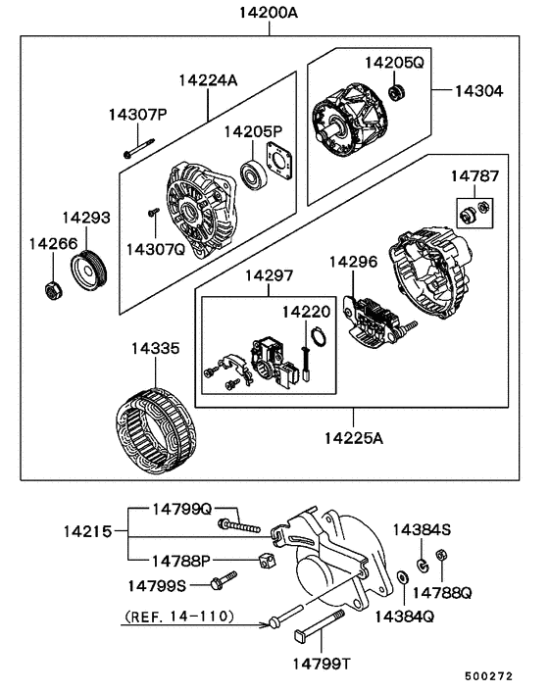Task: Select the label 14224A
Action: point(208,80)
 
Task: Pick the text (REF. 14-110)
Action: point(178,617)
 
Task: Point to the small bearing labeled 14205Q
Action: point(398,92)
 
